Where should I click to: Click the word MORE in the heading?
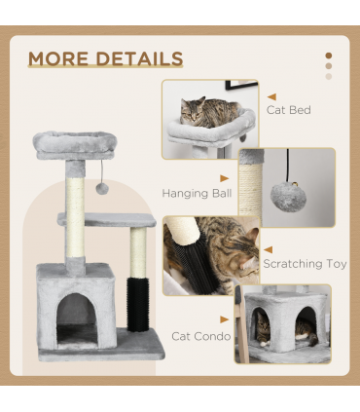click(60, 58)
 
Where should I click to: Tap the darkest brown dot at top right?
click(329, 56)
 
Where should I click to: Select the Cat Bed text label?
click(289, 110)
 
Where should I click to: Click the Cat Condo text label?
click(200, 336)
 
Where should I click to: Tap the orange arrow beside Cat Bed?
click(270, 96)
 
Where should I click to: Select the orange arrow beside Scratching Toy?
click(269, 248)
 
